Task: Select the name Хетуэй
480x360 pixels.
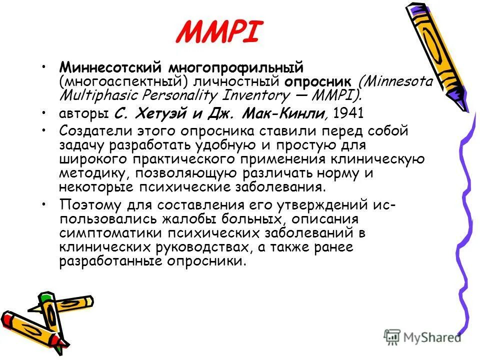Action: pos(159,113)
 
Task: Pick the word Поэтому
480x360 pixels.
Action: pos(90,205)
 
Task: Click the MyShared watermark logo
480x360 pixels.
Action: pos(422,336)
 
